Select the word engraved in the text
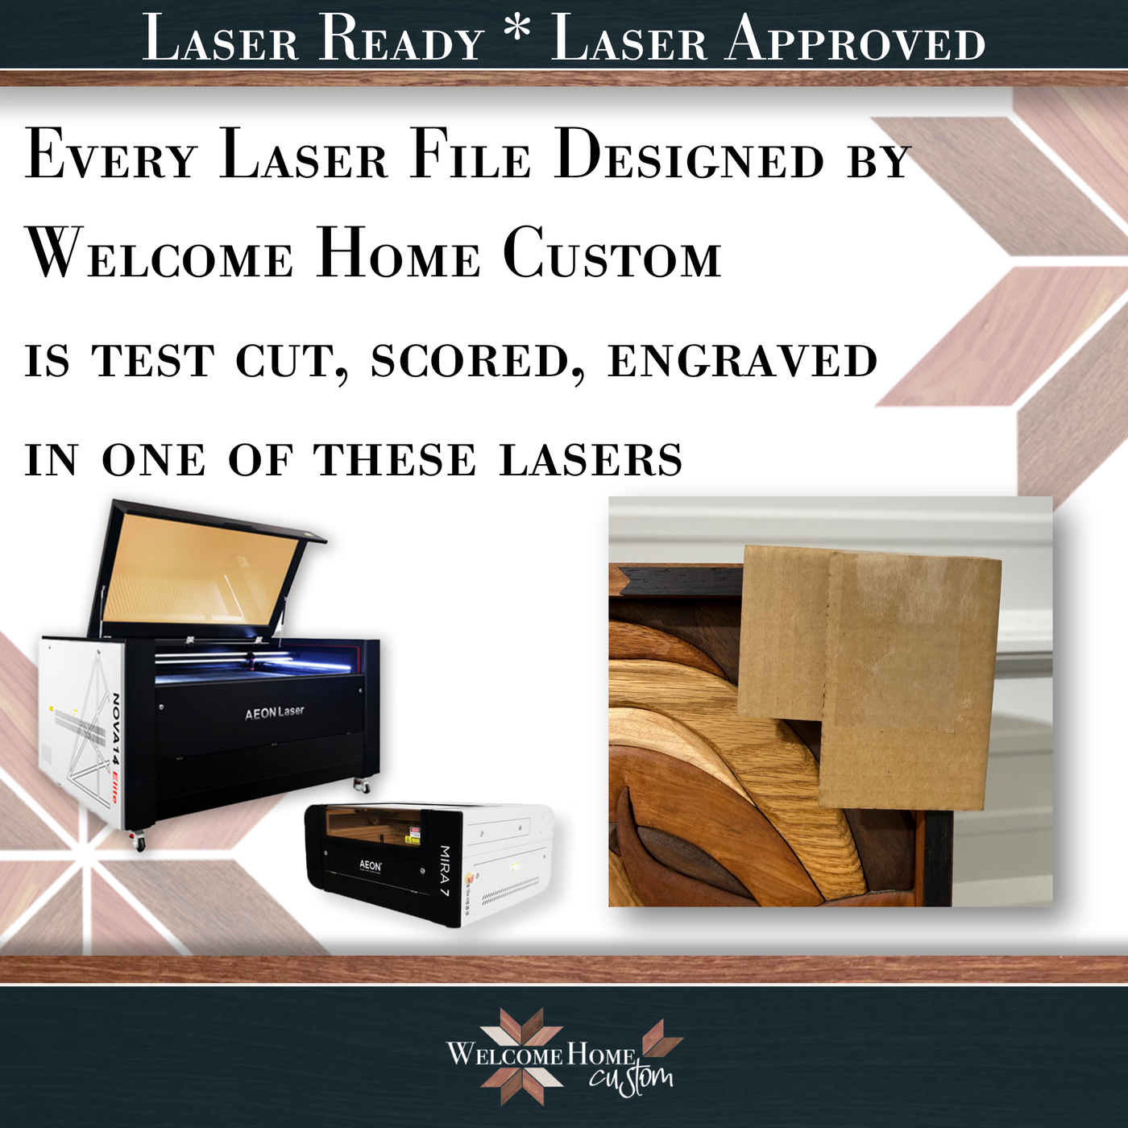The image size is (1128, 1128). pos(742,361)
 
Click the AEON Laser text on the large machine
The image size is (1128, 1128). pos(274,712)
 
